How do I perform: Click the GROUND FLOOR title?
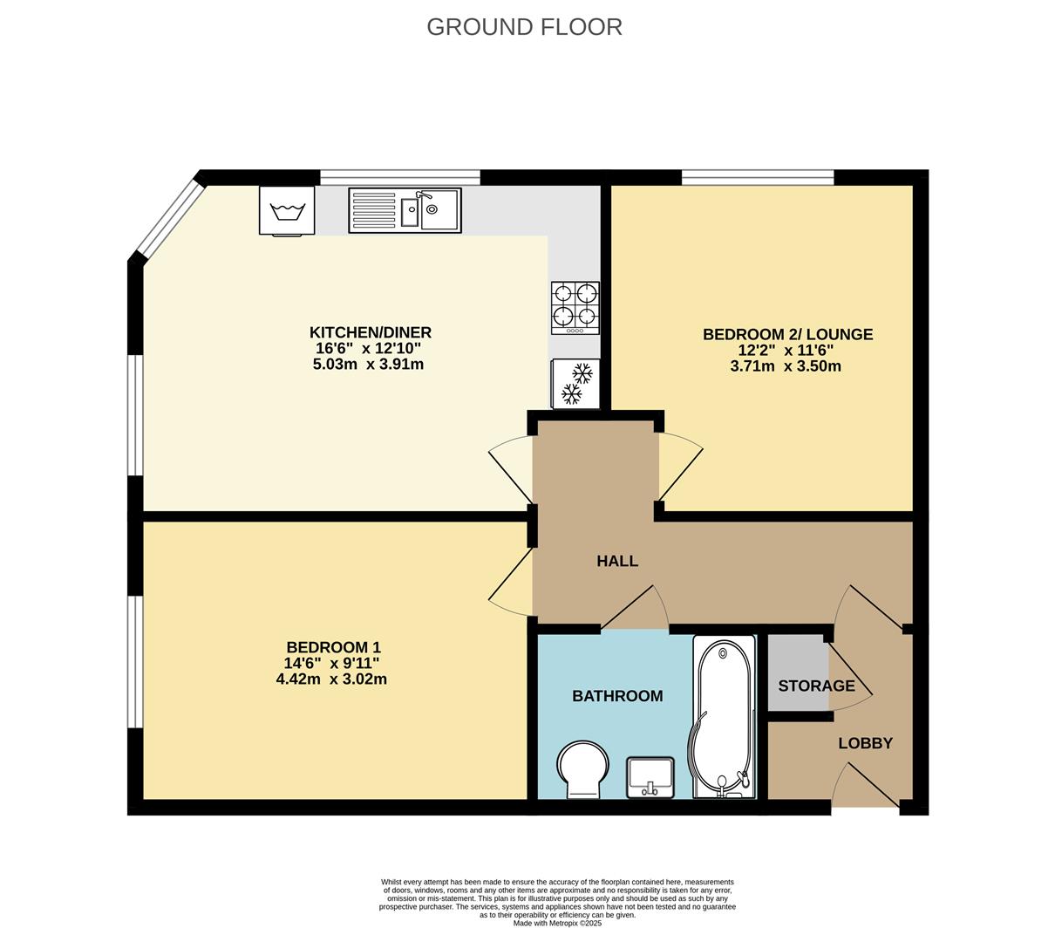(524, 27)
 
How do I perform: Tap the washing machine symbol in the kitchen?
(287, 211)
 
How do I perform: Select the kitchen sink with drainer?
(405, 210)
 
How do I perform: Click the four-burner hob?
(575, 308)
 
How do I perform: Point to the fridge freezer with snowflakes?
(575, 383)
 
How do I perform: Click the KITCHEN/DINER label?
(371, 332)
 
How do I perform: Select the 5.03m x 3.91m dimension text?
(368, 364)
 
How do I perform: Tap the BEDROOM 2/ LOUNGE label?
(788, 334)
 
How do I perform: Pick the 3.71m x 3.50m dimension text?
(786, 365)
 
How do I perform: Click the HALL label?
(617, 561)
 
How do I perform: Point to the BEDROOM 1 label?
(333, 647)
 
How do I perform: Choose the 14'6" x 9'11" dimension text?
(331, 663)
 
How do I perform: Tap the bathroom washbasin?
(650, 776)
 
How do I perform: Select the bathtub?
(724, 716)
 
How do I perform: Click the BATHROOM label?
(617, 695)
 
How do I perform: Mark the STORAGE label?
(816, 686)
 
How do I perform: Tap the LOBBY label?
(866, 743)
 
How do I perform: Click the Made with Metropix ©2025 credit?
(557, 923)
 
